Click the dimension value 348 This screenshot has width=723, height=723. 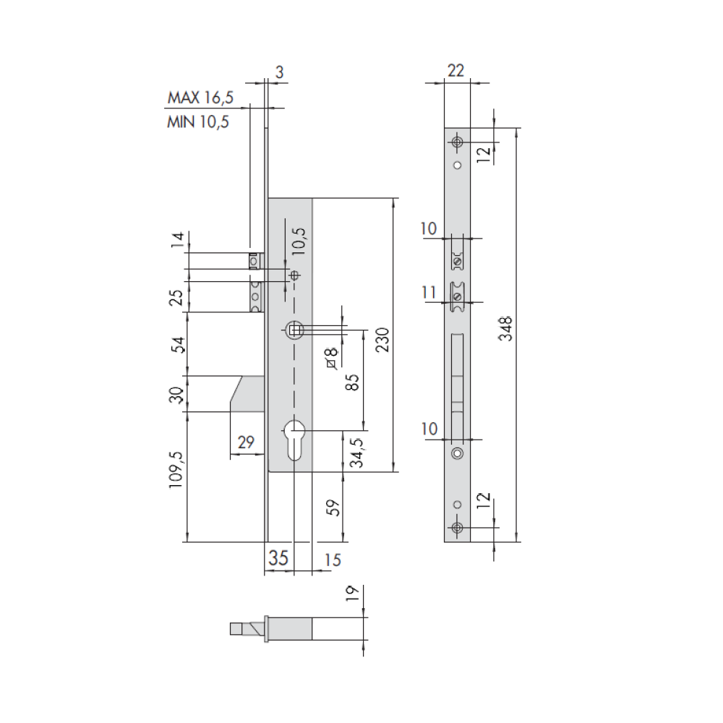coord(506,328)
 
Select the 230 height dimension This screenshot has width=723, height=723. coord(382,340)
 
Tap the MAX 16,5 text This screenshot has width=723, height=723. coord(200,98)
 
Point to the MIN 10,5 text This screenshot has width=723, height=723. coord(198,121)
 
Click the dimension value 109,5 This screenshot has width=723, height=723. coord(176,469)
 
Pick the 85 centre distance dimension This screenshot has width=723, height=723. coord(352,382)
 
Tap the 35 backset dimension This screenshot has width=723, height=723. coord(278,558)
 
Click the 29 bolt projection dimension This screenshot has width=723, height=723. coord(246,442)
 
